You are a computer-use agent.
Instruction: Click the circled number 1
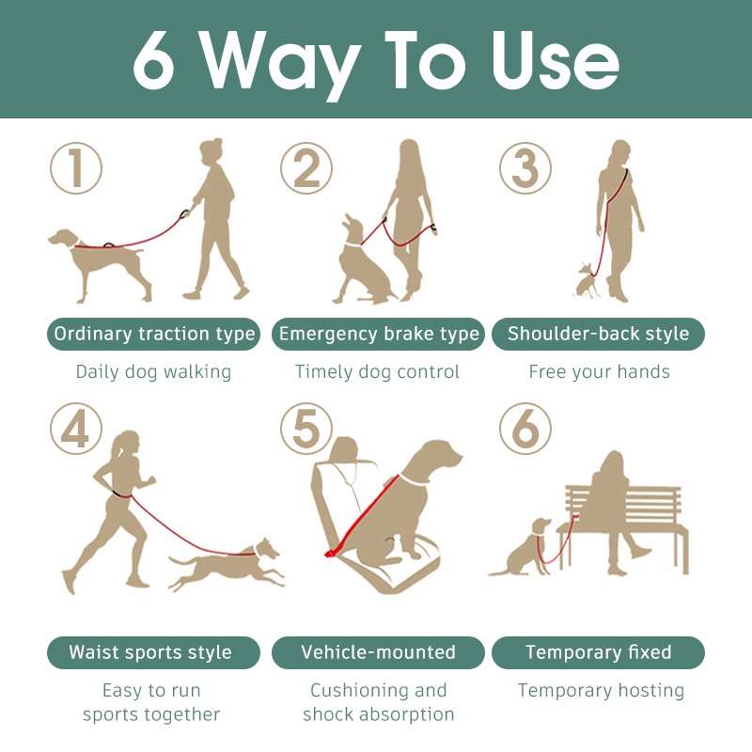click(x=76, y=168)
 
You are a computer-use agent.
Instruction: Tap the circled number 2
click(x=306, y=168)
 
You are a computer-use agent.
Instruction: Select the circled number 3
click(x=525, y=168)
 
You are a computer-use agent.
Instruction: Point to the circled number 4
click(x=76, y=429)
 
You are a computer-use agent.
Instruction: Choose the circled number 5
click(x=306, y=429)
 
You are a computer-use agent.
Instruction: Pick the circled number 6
click(x=525, y=429)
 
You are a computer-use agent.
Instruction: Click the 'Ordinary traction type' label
click(x=153, y=334)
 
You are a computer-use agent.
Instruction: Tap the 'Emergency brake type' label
click(x=379, y=334)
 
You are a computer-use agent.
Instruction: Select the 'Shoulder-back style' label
click(x=599, y=334)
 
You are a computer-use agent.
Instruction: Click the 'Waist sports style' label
click(x=153, y=652)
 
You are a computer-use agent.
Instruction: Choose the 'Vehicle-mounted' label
click(x=379, y=652)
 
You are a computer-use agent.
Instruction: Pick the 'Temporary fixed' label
click(x=599, y=652)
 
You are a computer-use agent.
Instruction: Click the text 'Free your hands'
click(x=600, y=371)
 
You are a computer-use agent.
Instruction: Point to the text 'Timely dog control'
click(x=378, y=372)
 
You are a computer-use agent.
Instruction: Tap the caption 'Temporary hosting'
click(x=601, y=691)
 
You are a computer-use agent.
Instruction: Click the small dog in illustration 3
click(x=586, y=281)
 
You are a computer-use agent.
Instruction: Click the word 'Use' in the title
click(x=556, y=60)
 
